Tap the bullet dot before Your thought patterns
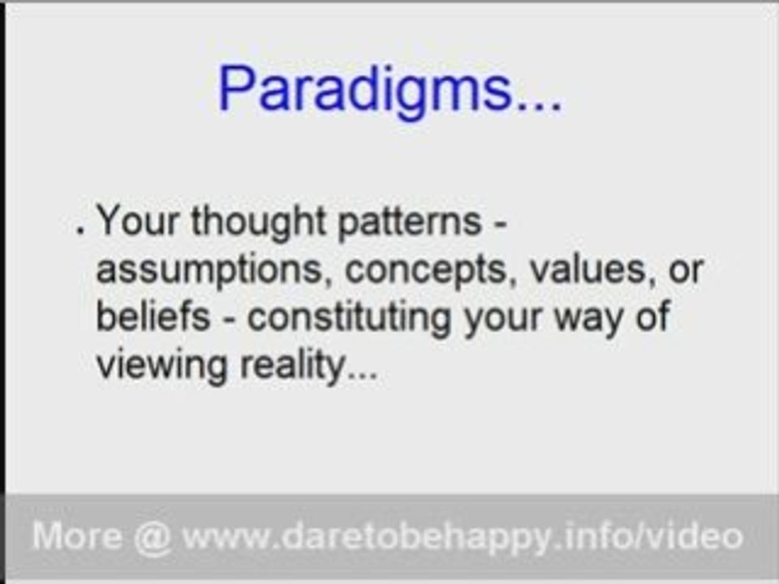click(80, 231)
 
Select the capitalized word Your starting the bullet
click(139, 221)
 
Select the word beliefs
click(153, 316)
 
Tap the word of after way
click(654, 316)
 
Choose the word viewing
click(163, 366)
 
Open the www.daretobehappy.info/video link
click(463, 536)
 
